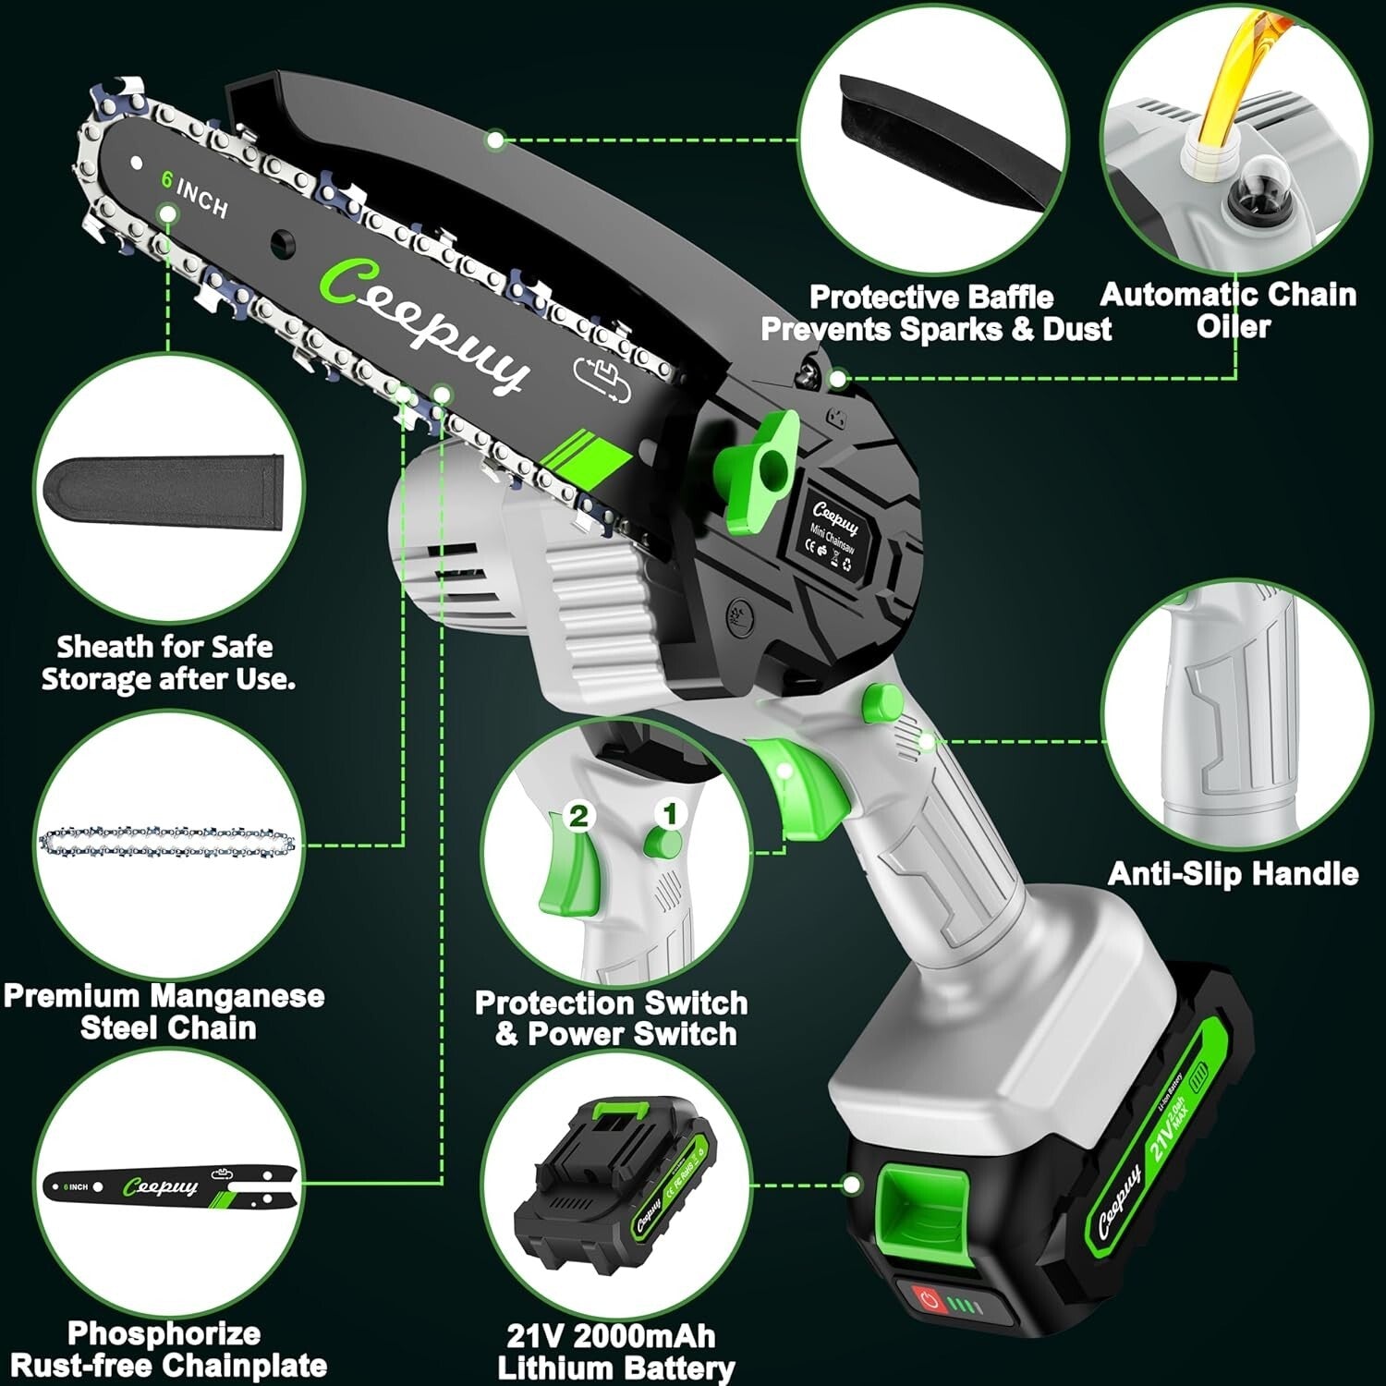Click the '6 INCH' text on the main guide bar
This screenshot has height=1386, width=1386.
pyautogui.click(x=194, y=193)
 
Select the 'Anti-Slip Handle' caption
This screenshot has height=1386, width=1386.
pyautogui.click(x=1233, y=873)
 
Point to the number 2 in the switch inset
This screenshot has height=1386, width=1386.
pyautogui.click(x=578, y=816)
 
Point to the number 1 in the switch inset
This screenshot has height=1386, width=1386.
pyautogui.click(x=671, y=814)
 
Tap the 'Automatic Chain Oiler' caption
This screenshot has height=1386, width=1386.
pyautogui.click(x=1229, y=310)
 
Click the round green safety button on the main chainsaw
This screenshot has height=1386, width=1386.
pyautogui.click(x=881, y=702)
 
